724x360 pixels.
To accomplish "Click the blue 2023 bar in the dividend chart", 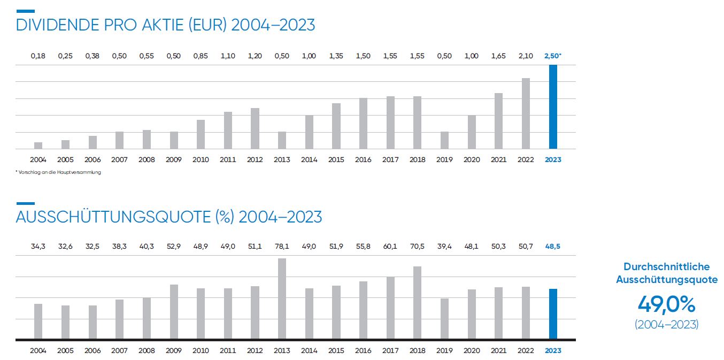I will [x=553, y=107].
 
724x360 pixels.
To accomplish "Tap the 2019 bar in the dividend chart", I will [x=444, y=140].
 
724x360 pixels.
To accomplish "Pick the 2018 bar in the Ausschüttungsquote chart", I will [x=417, y=303].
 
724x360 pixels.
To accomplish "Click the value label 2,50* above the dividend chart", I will [x=553, y=56].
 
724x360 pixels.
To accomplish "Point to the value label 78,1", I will [x=282, y=247].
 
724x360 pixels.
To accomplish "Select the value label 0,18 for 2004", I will [x=38, y=56].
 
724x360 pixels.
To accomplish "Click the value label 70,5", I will [x=417, y=247].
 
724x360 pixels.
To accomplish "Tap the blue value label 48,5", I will [x=553, y=247].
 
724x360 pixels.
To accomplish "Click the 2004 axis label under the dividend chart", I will [x=38, y=159].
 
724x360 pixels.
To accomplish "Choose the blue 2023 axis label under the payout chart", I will [x=553, y=350].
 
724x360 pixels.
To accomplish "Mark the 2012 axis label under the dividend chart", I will [x=255, y=159].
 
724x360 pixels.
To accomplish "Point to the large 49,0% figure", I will [x=666, y=305].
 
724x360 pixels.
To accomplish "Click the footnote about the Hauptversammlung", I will [x=58, y=172].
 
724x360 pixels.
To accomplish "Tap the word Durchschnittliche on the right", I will [x=666, y=266].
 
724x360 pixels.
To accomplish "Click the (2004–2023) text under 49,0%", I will [x=666, y=324].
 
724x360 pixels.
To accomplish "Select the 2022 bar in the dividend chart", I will [x=526, y=113].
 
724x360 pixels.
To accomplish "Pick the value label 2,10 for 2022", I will [x=526, y=56].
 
